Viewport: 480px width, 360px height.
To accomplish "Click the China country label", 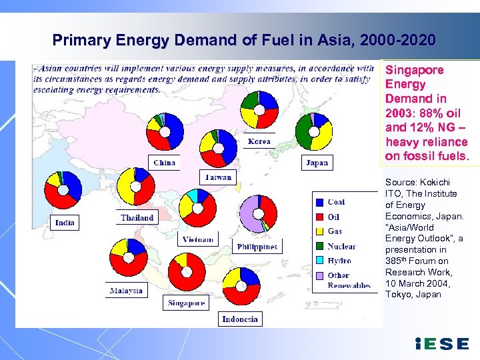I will (164, 162).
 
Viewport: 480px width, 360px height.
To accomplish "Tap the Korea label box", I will (259, 141).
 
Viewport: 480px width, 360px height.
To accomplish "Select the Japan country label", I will (316, 162).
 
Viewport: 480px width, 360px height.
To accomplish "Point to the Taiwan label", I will (218, 177).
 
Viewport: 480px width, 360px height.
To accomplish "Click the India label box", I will (65, 223).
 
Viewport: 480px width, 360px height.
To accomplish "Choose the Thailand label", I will (137, 217).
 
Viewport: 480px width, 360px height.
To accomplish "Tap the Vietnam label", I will (199, 239).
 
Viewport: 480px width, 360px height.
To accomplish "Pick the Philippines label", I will (257, 247).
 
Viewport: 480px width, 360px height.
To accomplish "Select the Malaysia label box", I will (127, 291).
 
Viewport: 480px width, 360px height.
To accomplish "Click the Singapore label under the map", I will (186, 303).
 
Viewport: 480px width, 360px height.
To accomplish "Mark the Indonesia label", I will (240, 319).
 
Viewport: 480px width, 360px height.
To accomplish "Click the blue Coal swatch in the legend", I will (320, 202).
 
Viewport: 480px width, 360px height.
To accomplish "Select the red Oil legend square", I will (320, 217).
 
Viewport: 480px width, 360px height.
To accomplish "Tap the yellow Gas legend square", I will (320, 231).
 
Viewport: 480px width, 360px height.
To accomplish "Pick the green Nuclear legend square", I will (320, 246).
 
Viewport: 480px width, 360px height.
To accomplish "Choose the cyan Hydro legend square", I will (320, 261).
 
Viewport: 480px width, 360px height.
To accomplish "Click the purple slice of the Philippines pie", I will (251, 215).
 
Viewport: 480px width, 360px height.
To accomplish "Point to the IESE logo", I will (441, 344).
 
